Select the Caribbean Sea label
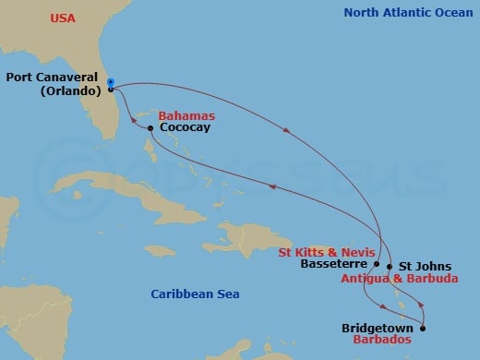(195, 294)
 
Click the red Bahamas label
(186, 116)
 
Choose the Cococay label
(185, 128)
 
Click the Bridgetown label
(378, 328)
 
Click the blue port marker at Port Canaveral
(110, 83)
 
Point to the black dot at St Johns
(390, 267)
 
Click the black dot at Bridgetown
(423, 328)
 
